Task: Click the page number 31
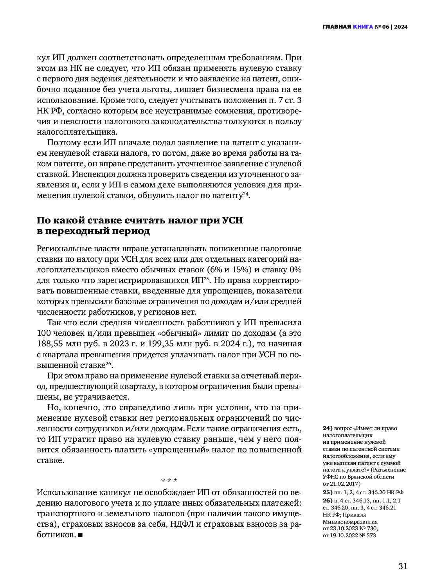[x=403, y=566]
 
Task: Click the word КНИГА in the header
[x=363, y=27]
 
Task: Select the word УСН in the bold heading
[x=232, y=220]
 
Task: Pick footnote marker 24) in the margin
[x=327, y=428]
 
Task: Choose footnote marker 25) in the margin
[x=327, y=492]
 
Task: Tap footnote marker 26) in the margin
[x=327, y=501]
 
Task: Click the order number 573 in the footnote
[x=371, y=535]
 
